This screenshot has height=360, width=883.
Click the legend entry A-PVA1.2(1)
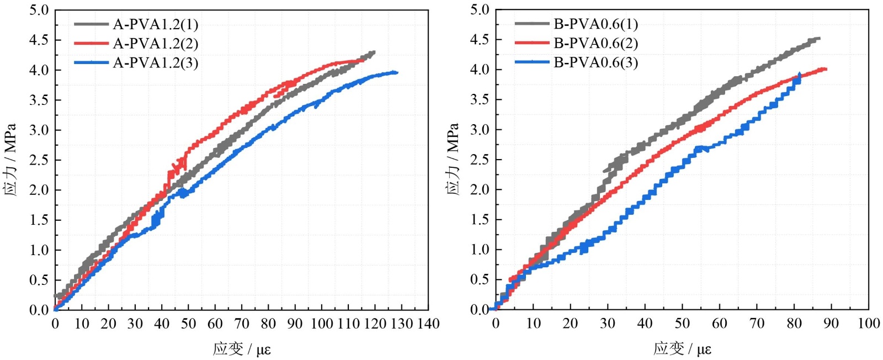155,24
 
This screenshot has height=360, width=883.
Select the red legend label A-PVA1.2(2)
155,44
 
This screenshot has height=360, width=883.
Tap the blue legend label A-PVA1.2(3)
155,63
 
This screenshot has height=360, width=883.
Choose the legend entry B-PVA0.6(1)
595,24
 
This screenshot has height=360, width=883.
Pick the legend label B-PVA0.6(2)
595,44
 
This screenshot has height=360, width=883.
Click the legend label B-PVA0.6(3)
595,63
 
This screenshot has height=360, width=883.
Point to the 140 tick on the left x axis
428,324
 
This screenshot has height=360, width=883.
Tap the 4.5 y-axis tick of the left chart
39,40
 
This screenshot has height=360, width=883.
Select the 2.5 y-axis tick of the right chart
480,160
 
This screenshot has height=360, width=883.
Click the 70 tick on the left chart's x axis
242,324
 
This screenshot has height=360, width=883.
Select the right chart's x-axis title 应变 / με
682,349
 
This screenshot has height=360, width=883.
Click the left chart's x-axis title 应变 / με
242,349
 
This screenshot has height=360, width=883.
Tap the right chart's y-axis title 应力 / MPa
452,160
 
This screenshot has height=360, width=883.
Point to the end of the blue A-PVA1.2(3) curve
397,72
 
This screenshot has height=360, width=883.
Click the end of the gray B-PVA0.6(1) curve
820,38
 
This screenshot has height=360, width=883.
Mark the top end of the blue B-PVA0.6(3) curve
800,73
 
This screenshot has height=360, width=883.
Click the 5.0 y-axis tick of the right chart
480,10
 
